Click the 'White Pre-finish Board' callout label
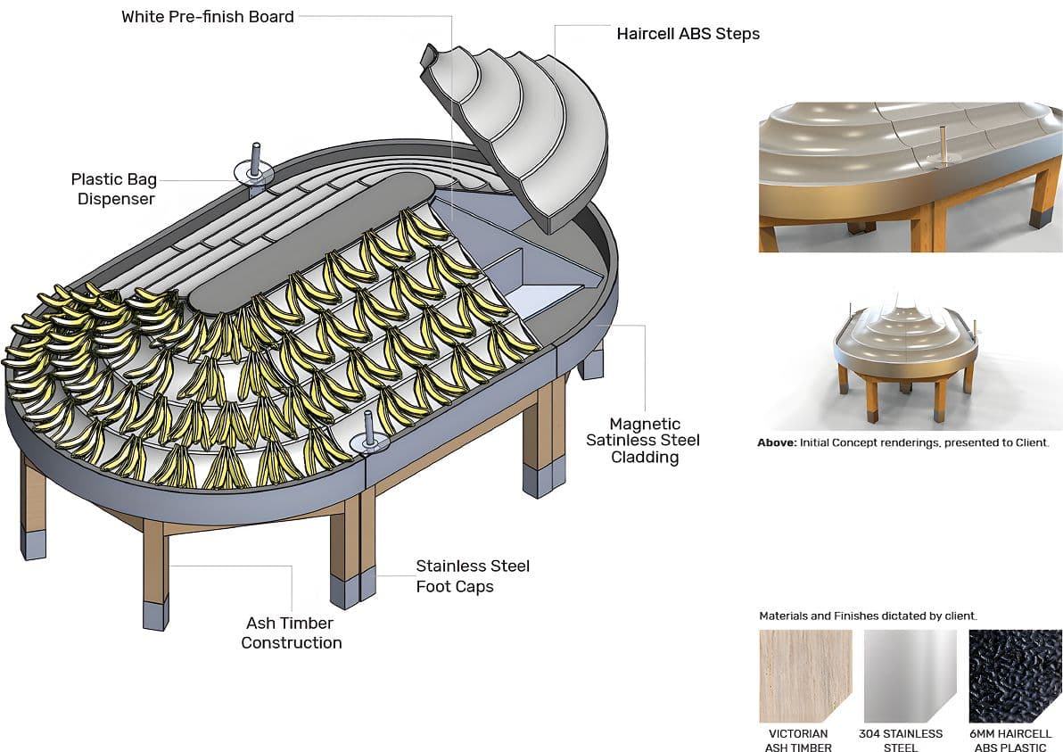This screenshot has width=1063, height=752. [x=208, y=17]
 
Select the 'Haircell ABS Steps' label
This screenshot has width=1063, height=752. [x=688, y=35]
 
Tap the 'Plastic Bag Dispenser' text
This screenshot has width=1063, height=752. [x=115, y=189]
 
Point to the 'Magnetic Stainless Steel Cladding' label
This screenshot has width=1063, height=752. [x=643, y=441]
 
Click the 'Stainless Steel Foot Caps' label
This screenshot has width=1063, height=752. [x=473, y=576]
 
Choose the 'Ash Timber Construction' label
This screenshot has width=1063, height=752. [x=292, y=632]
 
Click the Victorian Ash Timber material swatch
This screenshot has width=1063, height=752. [x=805, y=675]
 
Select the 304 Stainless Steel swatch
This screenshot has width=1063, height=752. [x=910, y=675]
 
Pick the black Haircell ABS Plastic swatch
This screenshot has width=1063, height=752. [x=1012, y=675]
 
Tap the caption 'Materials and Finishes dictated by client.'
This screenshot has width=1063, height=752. [x=868, y=616]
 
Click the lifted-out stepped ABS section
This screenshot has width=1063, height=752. [x=526, y=125]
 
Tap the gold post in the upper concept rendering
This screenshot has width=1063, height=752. [x=943, y=143]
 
